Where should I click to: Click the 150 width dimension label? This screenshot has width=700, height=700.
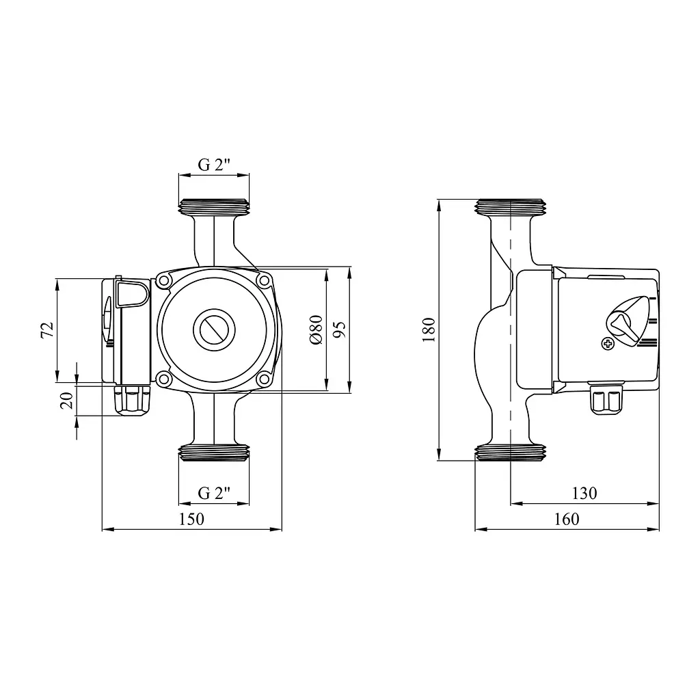[191, 520]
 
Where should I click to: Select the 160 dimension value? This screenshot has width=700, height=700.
[567, 520]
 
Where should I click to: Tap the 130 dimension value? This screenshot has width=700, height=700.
[584, 494]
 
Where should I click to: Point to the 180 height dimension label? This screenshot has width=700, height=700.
[429, 329]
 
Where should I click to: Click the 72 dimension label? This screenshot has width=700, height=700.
[47, 330]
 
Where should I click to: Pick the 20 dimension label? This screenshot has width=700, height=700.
[67, 401]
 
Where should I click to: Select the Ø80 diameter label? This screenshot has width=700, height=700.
[316, 329]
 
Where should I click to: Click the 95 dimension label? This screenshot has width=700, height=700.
[339, 329]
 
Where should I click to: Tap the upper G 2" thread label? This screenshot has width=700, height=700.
[214, 165]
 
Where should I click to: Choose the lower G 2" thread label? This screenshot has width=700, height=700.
[214, 494]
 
